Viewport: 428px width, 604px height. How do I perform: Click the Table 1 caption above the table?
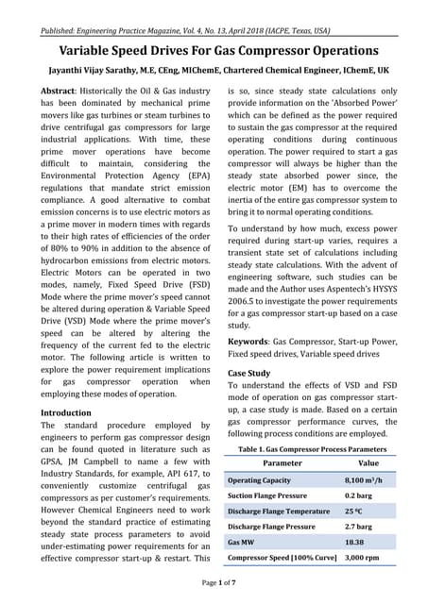[317, 450]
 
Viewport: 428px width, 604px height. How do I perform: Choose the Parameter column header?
[282, 464]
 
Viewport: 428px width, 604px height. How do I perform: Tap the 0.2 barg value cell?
[358, 495]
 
